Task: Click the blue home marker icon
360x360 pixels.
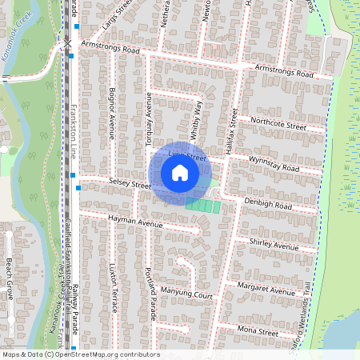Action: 180,172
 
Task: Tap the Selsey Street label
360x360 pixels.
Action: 130,185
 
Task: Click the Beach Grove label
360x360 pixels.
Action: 10,278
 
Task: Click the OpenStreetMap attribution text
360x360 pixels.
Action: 80,354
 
